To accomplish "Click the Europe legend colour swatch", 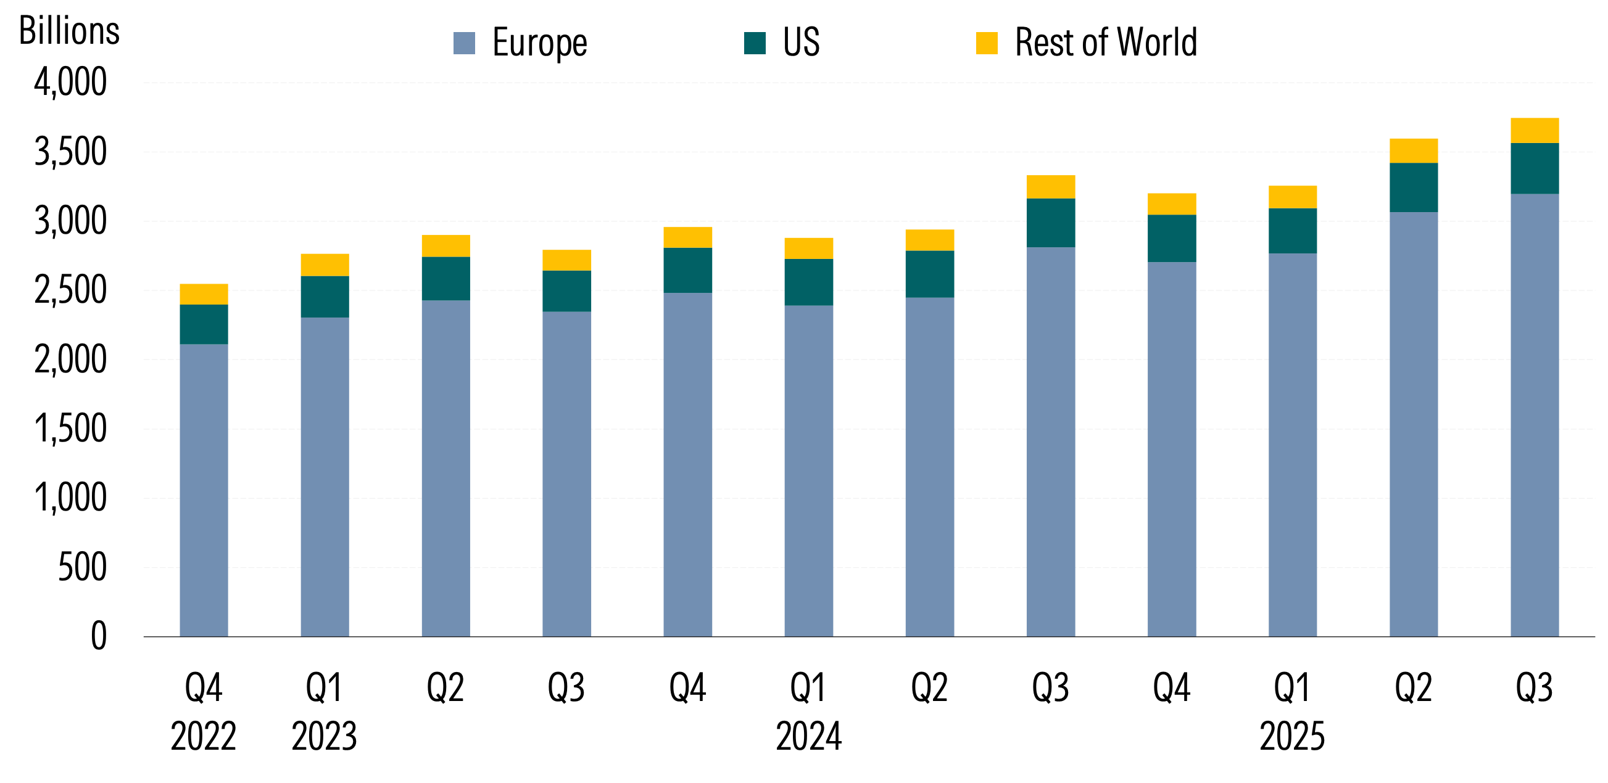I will [464, 43].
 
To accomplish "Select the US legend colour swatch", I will [755, 43].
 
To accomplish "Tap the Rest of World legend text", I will [1106, 43].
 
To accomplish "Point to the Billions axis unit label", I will [68, 31].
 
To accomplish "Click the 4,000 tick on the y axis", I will [70, 82].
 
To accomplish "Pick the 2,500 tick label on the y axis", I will [70, 290].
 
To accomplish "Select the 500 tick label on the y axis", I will [82, 567].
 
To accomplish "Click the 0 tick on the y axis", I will [99, 636].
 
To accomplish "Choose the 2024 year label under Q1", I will [808, 736].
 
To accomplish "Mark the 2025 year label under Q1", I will [1292, 736].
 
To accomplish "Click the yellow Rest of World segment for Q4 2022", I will [204, 294].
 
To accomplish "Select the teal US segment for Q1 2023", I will [325, 297].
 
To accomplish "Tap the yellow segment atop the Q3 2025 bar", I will [1535, 130].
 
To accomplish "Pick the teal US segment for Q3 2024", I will [1051, 223].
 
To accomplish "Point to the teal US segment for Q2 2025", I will [1413, 187].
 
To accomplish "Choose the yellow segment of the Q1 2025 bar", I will [1292, 197].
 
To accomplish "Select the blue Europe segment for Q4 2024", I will [1172, 449].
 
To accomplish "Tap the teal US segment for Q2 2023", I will [446, 278].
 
